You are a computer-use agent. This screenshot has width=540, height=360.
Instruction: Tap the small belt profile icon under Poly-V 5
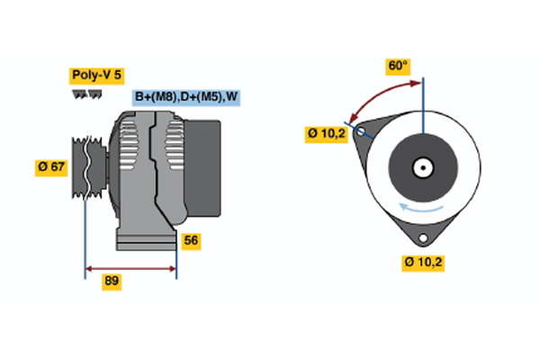85,94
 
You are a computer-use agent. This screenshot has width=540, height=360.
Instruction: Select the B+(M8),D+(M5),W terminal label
187,97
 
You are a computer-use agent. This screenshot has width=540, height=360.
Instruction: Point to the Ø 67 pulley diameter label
53,167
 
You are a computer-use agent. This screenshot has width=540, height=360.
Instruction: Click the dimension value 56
190,240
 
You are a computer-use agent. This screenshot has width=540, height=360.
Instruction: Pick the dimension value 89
112,281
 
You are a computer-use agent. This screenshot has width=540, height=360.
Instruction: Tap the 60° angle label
398,66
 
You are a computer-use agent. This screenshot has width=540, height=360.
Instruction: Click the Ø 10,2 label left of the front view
325,134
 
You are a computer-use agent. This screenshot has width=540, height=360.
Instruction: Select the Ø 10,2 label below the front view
424,263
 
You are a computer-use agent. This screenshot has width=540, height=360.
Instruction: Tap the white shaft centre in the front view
422,166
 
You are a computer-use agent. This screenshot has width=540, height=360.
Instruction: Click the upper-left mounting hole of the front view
362,132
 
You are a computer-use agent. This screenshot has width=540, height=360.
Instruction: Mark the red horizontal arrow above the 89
130,267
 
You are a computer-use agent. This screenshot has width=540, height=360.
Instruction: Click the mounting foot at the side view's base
144,240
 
